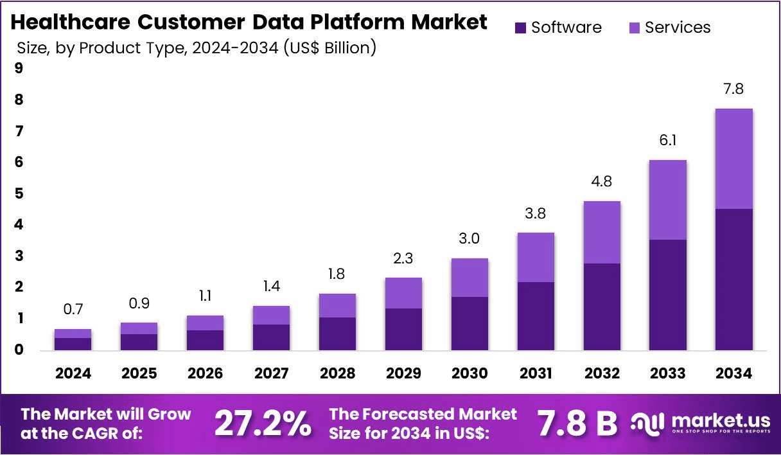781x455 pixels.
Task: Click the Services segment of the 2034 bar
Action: (733, 159)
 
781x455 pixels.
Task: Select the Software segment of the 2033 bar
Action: (667, 294)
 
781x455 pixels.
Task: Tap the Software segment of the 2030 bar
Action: (469, 323)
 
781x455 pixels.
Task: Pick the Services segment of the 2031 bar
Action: (535, 257)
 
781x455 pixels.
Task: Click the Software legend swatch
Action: (521, 28)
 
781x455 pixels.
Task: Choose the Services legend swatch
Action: (635, 28)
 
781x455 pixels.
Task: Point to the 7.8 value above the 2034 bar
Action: (733, 89)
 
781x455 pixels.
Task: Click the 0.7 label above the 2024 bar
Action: (73, 310)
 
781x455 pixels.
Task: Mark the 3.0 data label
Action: (469, 239)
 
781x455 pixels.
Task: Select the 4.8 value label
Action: (601, 182)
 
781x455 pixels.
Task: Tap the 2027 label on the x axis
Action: (271, 373)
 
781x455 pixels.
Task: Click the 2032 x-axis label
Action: (601, 373)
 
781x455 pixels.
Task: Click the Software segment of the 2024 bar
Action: (73, 343)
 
